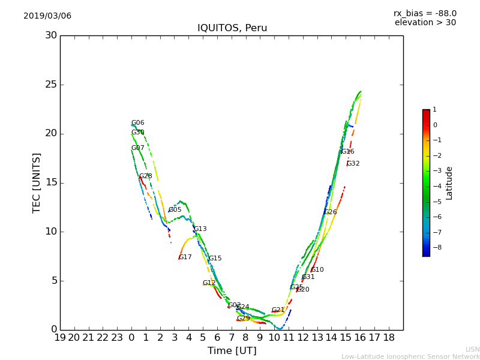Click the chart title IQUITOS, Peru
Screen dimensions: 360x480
point(232,28)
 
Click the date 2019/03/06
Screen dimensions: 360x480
point(47,16)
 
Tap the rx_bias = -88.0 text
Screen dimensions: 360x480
point(425,13)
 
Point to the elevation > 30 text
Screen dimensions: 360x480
point(425,23)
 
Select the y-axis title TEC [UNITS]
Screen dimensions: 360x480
point(37,182)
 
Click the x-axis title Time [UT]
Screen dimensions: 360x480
point(232,350)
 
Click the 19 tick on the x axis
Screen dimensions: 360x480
point(60,337)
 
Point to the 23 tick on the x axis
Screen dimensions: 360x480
point(117,337)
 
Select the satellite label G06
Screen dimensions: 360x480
point(138,123)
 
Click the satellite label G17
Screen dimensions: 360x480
point(185,257)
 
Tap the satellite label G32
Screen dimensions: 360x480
point(353,164)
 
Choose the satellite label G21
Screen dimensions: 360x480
point(278,310)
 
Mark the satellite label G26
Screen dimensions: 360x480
point(331,212)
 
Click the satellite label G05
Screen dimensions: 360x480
point(175,210)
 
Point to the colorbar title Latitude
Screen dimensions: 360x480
point(449,183)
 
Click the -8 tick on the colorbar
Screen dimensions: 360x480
point(436,247)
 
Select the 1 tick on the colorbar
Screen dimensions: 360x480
point(435,110)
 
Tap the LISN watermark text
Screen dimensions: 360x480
point(473,349)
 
